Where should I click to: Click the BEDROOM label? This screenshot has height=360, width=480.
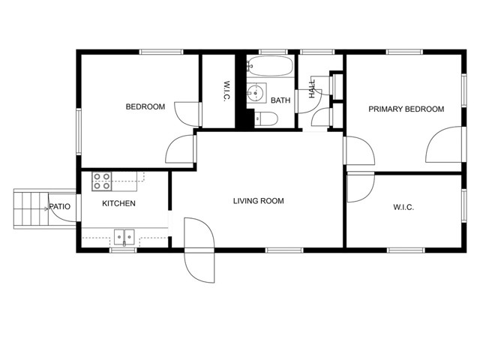click(x=145, y=107)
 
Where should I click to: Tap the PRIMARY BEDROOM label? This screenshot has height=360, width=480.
click(x=406, y=109)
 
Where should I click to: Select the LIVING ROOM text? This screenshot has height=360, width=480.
click(x=258, y=201)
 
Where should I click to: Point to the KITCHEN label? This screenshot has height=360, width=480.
click(x=118, y=204)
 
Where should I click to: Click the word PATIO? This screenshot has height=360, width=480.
click(x=60, y=207)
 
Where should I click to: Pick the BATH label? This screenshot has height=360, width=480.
click(x=280, y=100)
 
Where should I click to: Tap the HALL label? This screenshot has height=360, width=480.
click(x=311, y=89)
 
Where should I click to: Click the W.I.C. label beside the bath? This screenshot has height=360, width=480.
click(x=226, y=91)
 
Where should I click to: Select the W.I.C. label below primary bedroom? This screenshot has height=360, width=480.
click(x=403, y=208)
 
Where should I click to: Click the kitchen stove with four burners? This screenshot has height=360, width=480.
click(x=102, y=181)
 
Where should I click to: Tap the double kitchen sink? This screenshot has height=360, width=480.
click(x=124, y=237)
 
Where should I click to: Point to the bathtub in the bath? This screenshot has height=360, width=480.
click(x=271, y=67)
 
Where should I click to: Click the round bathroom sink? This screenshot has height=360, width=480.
click(x=257, y=93)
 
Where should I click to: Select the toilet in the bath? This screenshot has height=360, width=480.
click(x=265, y=118)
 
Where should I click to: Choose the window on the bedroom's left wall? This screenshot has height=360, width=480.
click(x=79, y=131)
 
